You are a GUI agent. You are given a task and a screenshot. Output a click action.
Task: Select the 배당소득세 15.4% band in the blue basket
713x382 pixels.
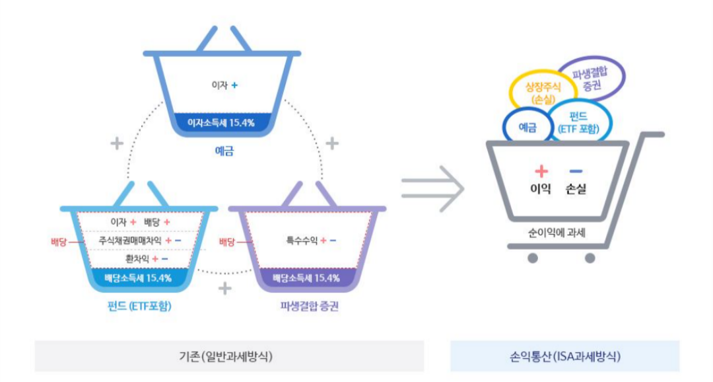click(138, 278)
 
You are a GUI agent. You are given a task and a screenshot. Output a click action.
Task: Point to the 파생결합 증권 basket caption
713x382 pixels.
click(309, 307)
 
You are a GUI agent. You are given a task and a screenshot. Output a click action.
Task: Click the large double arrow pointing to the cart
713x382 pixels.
click(432, 188)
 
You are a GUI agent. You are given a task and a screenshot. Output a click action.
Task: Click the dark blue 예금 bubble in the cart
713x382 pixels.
click(527, 126)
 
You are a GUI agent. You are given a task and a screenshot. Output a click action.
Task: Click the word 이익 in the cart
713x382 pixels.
click(541, 189)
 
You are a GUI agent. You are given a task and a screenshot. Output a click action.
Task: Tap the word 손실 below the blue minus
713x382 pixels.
click(576, 189)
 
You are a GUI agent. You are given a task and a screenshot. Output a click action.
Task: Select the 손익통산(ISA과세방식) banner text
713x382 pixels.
click(564, 356)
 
